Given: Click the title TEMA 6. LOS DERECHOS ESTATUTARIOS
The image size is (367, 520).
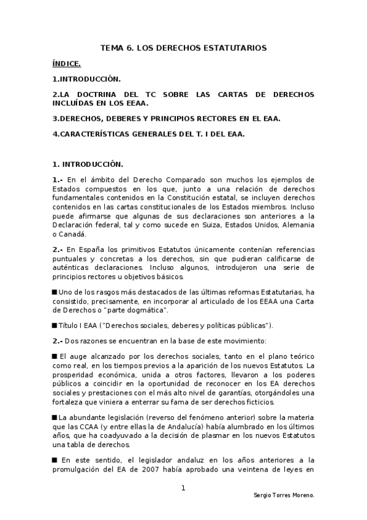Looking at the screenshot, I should click(184, 47).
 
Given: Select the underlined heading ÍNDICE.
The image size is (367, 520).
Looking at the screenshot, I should click(67, 63).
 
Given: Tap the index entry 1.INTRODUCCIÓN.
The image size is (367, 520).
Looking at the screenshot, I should click(86, 79).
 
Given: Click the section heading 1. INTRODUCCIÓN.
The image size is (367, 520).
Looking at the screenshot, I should click(88, 164).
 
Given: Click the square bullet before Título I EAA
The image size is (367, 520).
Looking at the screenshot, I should click(55, 325).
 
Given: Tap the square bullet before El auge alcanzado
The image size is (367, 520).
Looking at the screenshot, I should click(55, 356).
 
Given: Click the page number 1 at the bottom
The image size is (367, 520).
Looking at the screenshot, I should click(183, 488).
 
